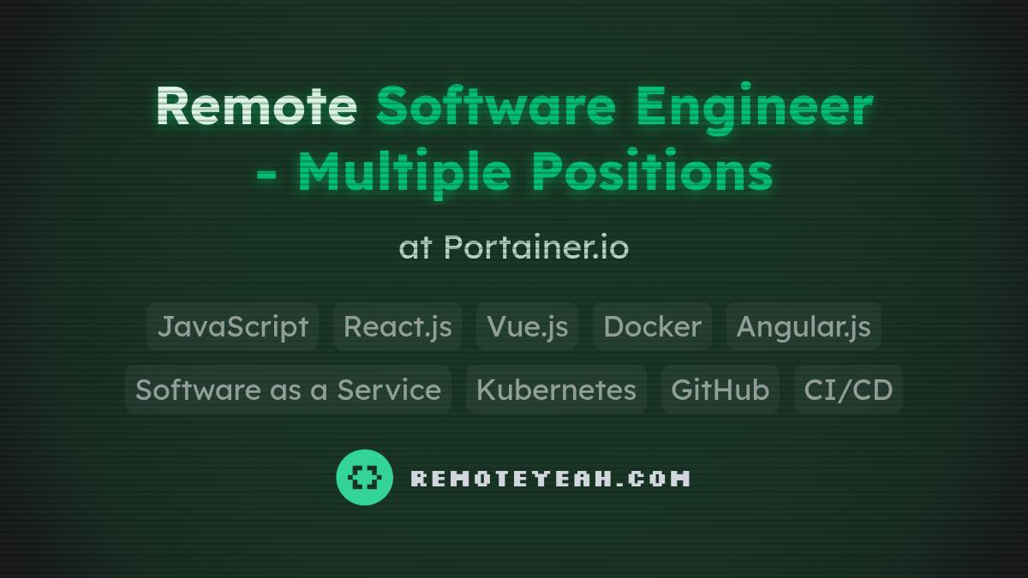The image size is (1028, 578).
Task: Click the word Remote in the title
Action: [x=255, y=106]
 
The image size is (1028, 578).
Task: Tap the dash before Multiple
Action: [x=266, y=174]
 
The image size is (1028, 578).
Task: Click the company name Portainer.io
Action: [x=536, y=247]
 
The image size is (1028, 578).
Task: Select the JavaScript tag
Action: [x=233, y=326]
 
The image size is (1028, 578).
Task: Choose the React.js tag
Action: [x=397, y=326]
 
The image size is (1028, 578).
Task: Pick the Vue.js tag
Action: [x=527, y=326]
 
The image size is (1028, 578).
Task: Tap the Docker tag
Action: [x=652, y=326]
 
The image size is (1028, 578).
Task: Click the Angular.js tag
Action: [x=804, y=326]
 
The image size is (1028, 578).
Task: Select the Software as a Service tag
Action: [x=288, y=390]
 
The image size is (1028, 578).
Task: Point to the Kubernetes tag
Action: [x=556, y=390]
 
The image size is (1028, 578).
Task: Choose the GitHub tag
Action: [x=720, y=390]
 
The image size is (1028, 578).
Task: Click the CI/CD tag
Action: [x=848, y=390]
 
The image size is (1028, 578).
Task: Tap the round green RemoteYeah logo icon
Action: [x=364, y=477]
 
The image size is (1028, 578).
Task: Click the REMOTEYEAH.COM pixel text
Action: [x=550, y=478]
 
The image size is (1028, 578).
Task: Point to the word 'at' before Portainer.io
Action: [x=415, y=248]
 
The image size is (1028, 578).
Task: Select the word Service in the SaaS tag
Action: [x=389, y=390]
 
